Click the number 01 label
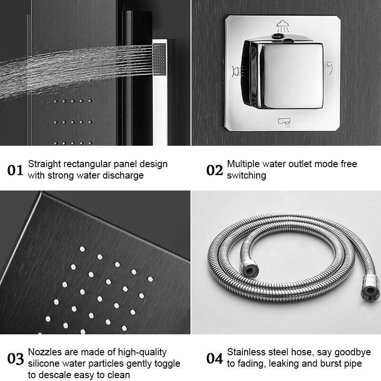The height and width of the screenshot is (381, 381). (15, 170)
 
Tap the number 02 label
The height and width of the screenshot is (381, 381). (214, 170)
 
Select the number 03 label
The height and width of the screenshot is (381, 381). (15, 358)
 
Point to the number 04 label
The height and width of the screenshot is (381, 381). (214, 358)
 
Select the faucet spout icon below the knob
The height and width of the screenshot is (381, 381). (284, 123)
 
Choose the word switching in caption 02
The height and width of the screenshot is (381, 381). (246, 176)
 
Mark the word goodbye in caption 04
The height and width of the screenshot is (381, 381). (353, 352)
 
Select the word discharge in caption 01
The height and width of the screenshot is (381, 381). (122, 176)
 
